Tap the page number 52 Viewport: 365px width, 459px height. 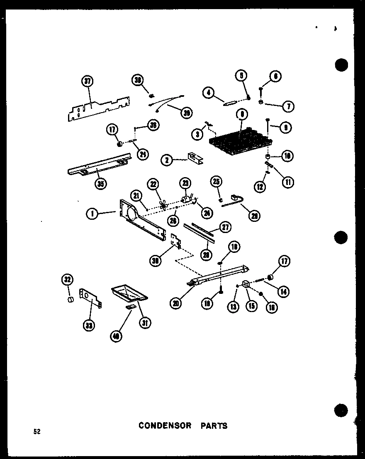(x=37, y=432)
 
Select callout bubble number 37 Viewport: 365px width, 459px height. (x=87, y=82)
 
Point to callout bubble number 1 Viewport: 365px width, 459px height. (x=92, y=214)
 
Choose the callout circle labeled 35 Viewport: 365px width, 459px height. (x=100, y=184)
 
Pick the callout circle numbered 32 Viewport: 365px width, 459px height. (x=67, y=281)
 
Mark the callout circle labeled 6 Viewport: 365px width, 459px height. (x=275, y=76)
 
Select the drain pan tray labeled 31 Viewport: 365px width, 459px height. (x=129, y=293)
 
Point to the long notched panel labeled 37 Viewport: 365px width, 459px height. (x=99, y=108)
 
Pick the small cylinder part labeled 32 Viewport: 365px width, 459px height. (x=70, y=299)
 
